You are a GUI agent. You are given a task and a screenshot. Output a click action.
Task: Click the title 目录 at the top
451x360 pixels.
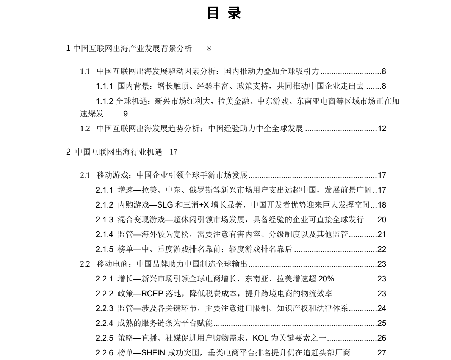[225, 14]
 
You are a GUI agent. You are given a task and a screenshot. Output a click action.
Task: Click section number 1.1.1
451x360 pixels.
[104, 86]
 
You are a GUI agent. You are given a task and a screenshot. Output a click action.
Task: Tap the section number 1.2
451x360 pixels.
[85, 129]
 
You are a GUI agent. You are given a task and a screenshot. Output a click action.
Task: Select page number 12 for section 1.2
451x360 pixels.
[382, 129]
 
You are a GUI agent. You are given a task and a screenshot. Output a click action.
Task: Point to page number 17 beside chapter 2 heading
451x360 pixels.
[174, 152]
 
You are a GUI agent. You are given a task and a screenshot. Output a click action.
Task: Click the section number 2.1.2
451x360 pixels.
[104, 205]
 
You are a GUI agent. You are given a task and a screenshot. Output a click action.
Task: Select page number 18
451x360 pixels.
[382, 205]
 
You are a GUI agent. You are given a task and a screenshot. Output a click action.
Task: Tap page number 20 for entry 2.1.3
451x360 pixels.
[382, 220]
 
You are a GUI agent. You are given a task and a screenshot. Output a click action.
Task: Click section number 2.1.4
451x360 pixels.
[104, 234]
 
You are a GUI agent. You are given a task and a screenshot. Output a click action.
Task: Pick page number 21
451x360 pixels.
[382, 234]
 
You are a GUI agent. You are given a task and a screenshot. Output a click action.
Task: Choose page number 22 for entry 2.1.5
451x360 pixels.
[382, 249]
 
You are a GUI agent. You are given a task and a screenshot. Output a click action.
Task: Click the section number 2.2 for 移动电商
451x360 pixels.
[85, 264]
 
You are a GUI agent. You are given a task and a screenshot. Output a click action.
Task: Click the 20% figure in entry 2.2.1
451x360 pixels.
[326, 279]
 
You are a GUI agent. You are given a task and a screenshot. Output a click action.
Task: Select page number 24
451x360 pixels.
[382, 308]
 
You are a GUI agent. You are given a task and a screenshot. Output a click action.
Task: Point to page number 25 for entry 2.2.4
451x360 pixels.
[382, 323]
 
